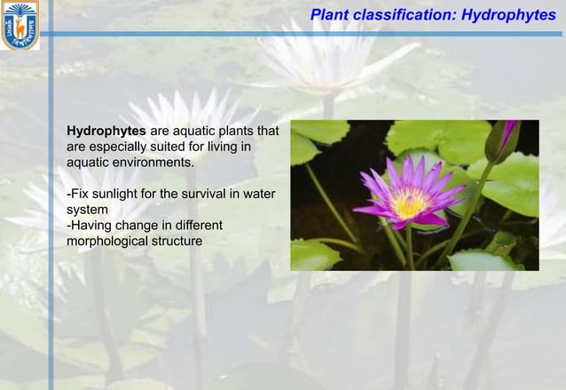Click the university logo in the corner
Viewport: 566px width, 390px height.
[x=20, y=24]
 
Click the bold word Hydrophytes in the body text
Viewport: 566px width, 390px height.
[x=106, y=131]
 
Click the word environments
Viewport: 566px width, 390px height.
[x=151, y=163]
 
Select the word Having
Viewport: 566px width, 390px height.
[x=92, y=226]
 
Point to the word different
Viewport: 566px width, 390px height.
[x=196, y=226]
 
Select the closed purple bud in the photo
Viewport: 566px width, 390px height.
[x=506, y=137]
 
